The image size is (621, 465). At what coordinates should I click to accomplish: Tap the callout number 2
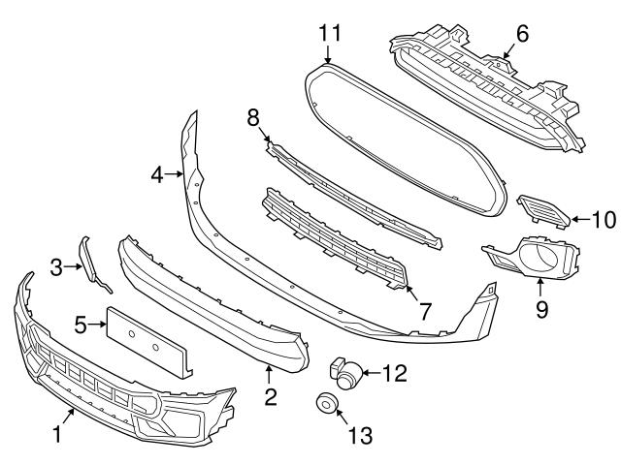click(271, 395)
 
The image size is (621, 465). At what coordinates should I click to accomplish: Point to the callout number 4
click(157, 175)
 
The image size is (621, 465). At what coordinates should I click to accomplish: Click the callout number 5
click(82, 325)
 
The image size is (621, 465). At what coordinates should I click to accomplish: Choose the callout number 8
click(253, 117)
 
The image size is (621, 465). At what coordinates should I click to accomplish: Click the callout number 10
click(603, 220)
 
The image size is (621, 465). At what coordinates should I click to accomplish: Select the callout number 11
click(330, 34)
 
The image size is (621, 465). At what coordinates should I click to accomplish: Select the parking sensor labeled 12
click(346, 369)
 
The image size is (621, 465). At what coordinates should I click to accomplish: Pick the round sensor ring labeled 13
click(323, 404)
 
